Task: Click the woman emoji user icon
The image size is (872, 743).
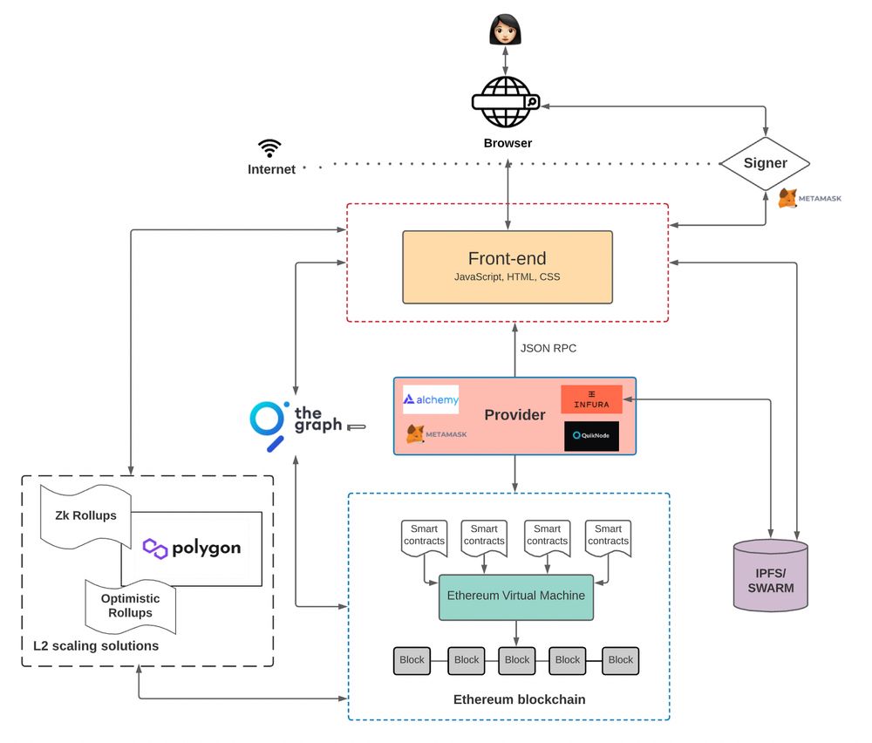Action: coord(506,30)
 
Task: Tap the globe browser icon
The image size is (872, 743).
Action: coord(506,102)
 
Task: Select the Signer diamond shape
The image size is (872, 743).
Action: coord(765,163)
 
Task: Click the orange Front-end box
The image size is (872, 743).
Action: coord(508,267)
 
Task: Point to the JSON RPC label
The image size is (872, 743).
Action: coord(548,348)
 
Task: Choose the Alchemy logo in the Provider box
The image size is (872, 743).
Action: coord(430,399)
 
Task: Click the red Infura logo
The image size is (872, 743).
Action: coord(591,399)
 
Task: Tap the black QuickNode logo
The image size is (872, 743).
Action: coord(591,436)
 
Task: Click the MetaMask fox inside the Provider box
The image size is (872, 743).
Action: coord(417,433)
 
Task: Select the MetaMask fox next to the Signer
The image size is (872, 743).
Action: coord(787,198)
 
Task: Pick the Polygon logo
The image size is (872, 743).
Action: coord(192,549)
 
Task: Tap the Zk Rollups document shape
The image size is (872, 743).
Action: coord(85,515)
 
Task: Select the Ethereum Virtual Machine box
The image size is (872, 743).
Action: coord(515,596)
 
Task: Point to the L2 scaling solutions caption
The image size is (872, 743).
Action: coord(96,646)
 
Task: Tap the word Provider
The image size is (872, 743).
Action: coord(514,415)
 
